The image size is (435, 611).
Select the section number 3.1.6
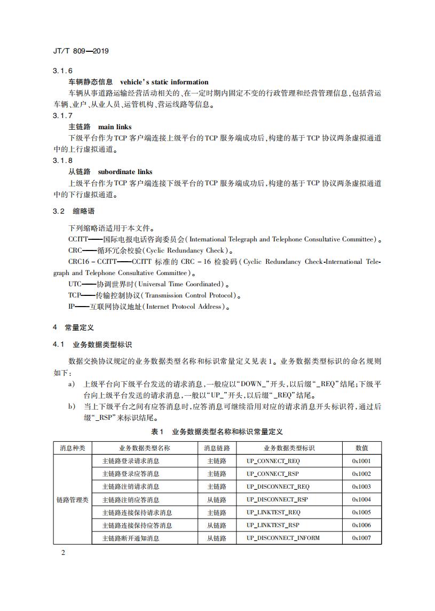pos(62,71)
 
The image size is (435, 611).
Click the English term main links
pos(115,127)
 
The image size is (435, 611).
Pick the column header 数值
pos(361,448)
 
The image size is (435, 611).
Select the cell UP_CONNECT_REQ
pos(273,461)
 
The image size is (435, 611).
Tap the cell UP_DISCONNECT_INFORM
pos(283,538)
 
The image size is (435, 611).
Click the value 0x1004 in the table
pos(361,499)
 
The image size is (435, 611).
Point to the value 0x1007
pos(361,538)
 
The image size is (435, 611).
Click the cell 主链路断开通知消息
pos(131,538)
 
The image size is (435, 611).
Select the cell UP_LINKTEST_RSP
pos(273,525)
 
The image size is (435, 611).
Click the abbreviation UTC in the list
pos(75,284)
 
